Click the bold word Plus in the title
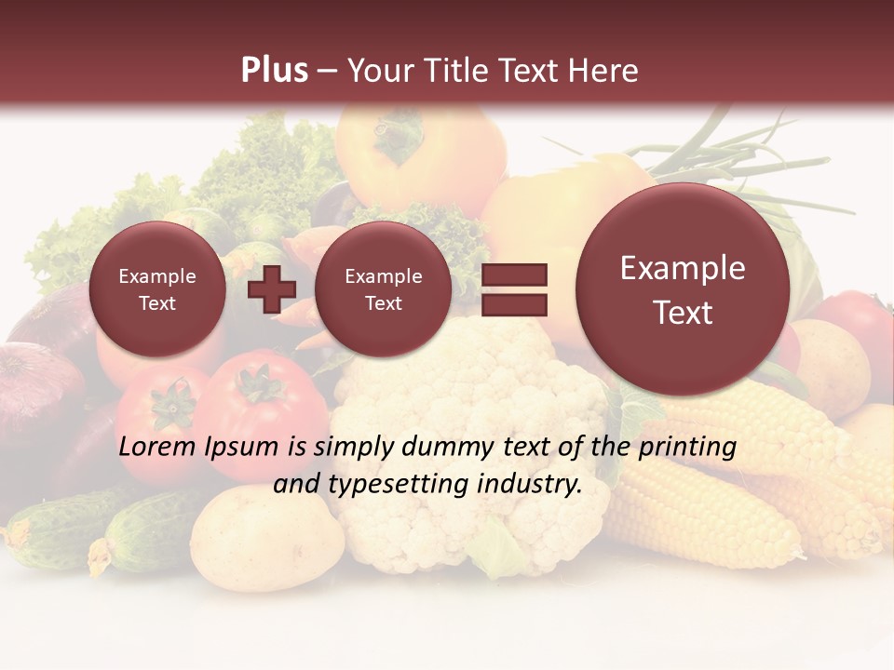pyautogui.click(x=274, y=71)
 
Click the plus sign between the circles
pyautogui.click(x=271, y=289)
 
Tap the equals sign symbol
pyautogui.click(x=514, y=289)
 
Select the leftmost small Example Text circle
pyautogui.click(x=157, y=289)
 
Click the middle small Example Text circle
pyautogui.click(x=384, y=289)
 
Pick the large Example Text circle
pyautogui.click(x=683, y=289)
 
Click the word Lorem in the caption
pyautogui.click(x=157, y=448)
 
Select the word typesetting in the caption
pyautogui.click(x=404, y=485)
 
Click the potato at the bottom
pyautogui.click(x=265, y=540)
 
